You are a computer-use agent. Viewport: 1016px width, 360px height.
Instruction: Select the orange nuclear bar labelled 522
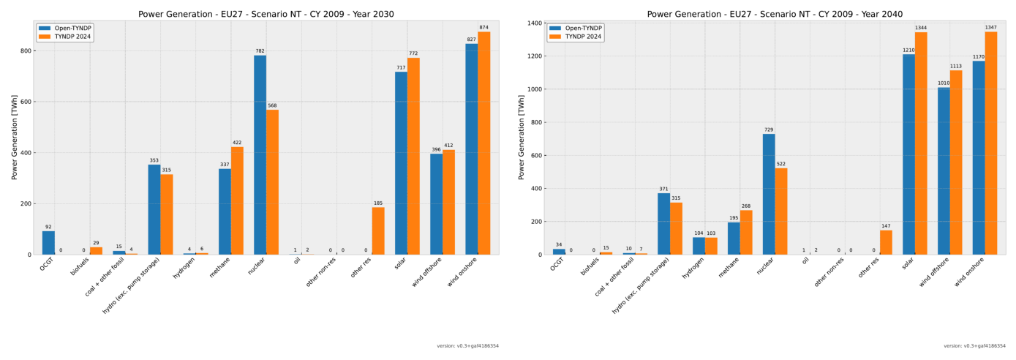click(781, 211)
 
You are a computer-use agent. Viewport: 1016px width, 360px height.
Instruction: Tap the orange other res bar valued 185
click(378, 231)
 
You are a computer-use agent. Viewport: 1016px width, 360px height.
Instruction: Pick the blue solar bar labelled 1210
click(908, 154)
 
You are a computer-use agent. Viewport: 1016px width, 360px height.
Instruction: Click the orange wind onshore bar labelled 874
click(483, 143)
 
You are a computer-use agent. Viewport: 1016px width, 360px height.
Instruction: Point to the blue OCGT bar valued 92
click(48, 243)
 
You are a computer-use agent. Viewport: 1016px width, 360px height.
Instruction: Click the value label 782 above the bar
click(260, 51)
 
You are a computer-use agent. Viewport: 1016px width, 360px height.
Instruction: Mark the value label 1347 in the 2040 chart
click(990, 28)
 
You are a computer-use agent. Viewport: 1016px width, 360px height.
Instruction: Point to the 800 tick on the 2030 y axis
click(25, 51)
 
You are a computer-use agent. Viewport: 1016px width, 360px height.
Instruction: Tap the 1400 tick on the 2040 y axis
click(534, 23)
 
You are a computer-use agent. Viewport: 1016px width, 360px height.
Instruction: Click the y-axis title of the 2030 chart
click(15, 137)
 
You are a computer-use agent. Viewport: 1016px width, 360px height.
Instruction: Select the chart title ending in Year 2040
click(775, 14)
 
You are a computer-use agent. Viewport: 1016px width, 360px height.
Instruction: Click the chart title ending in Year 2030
click(266, 14)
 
